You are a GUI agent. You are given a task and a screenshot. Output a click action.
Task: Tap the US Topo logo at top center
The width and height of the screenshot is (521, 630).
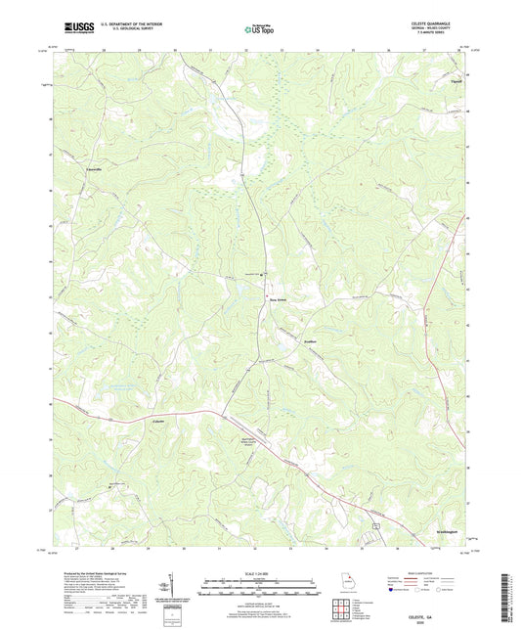(259, 31)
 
